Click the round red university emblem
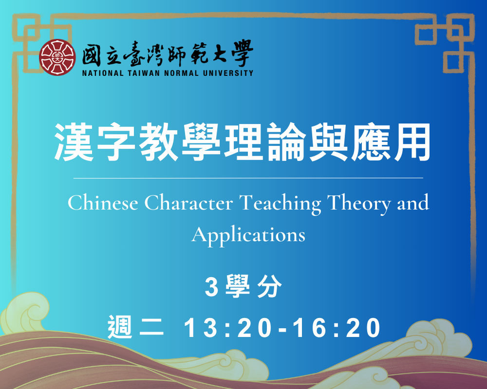point(57,57)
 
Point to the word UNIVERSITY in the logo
point(228,73)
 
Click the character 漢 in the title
point(74,142)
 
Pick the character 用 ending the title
point(412,142)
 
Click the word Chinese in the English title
point(103,203)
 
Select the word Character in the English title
point(188,203)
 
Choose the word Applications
point(248,236)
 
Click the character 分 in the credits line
point(269,286)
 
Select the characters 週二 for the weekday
point(136,327)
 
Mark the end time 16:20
point(337,328)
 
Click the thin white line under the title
point(248,178)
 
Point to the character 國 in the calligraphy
point(92,56)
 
